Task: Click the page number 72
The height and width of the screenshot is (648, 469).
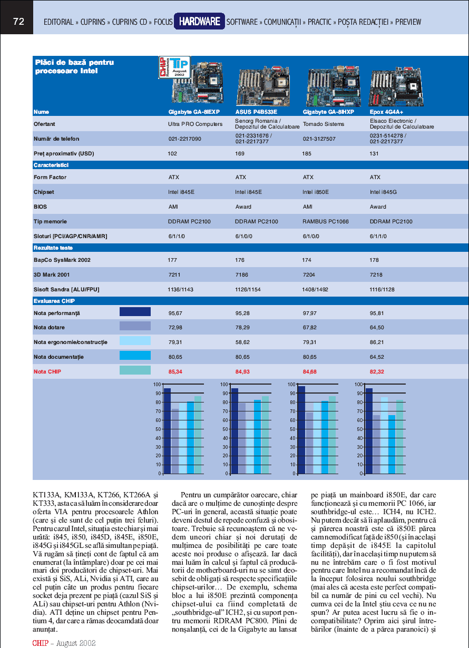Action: point(19,22)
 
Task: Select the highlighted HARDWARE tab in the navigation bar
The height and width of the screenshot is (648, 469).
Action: point(199,22)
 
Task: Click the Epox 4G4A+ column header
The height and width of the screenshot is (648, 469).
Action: point(386,112)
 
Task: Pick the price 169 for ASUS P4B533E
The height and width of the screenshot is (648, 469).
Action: point(240,154)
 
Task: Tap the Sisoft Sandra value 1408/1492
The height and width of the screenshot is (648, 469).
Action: point(315,290)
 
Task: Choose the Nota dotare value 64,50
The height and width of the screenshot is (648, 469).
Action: point(377,328)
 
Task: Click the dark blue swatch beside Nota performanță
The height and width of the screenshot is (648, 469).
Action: point(135,312)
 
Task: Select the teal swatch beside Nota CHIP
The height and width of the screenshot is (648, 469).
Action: point(135,370)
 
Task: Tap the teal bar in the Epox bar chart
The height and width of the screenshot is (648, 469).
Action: point(400,437)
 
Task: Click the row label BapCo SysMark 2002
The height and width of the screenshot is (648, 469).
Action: point(62,260)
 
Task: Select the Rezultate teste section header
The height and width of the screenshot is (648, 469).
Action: point(53,248)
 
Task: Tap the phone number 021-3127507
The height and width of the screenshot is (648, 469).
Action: point(318,139)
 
